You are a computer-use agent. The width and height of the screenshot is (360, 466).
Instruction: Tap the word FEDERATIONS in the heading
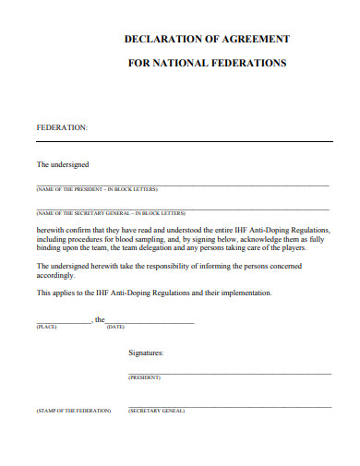point(244,64)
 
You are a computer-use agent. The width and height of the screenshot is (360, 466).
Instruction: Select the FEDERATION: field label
point(62,126)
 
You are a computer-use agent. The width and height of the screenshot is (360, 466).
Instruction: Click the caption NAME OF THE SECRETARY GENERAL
point(111,211)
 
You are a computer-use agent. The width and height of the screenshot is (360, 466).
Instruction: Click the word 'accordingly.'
point(55,275)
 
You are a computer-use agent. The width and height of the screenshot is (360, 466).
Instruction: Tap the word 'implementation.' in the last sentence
point(243,293)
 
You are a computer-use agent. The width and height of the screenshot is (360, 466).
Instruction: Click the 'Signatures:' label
point(146,352)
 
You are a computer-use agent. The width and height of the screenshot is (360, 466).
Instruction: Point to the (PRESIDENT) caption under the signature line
point(144,377)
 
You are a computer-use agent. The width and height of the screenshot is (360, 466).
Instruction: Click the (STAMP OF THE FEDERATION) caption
point(74,410)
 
